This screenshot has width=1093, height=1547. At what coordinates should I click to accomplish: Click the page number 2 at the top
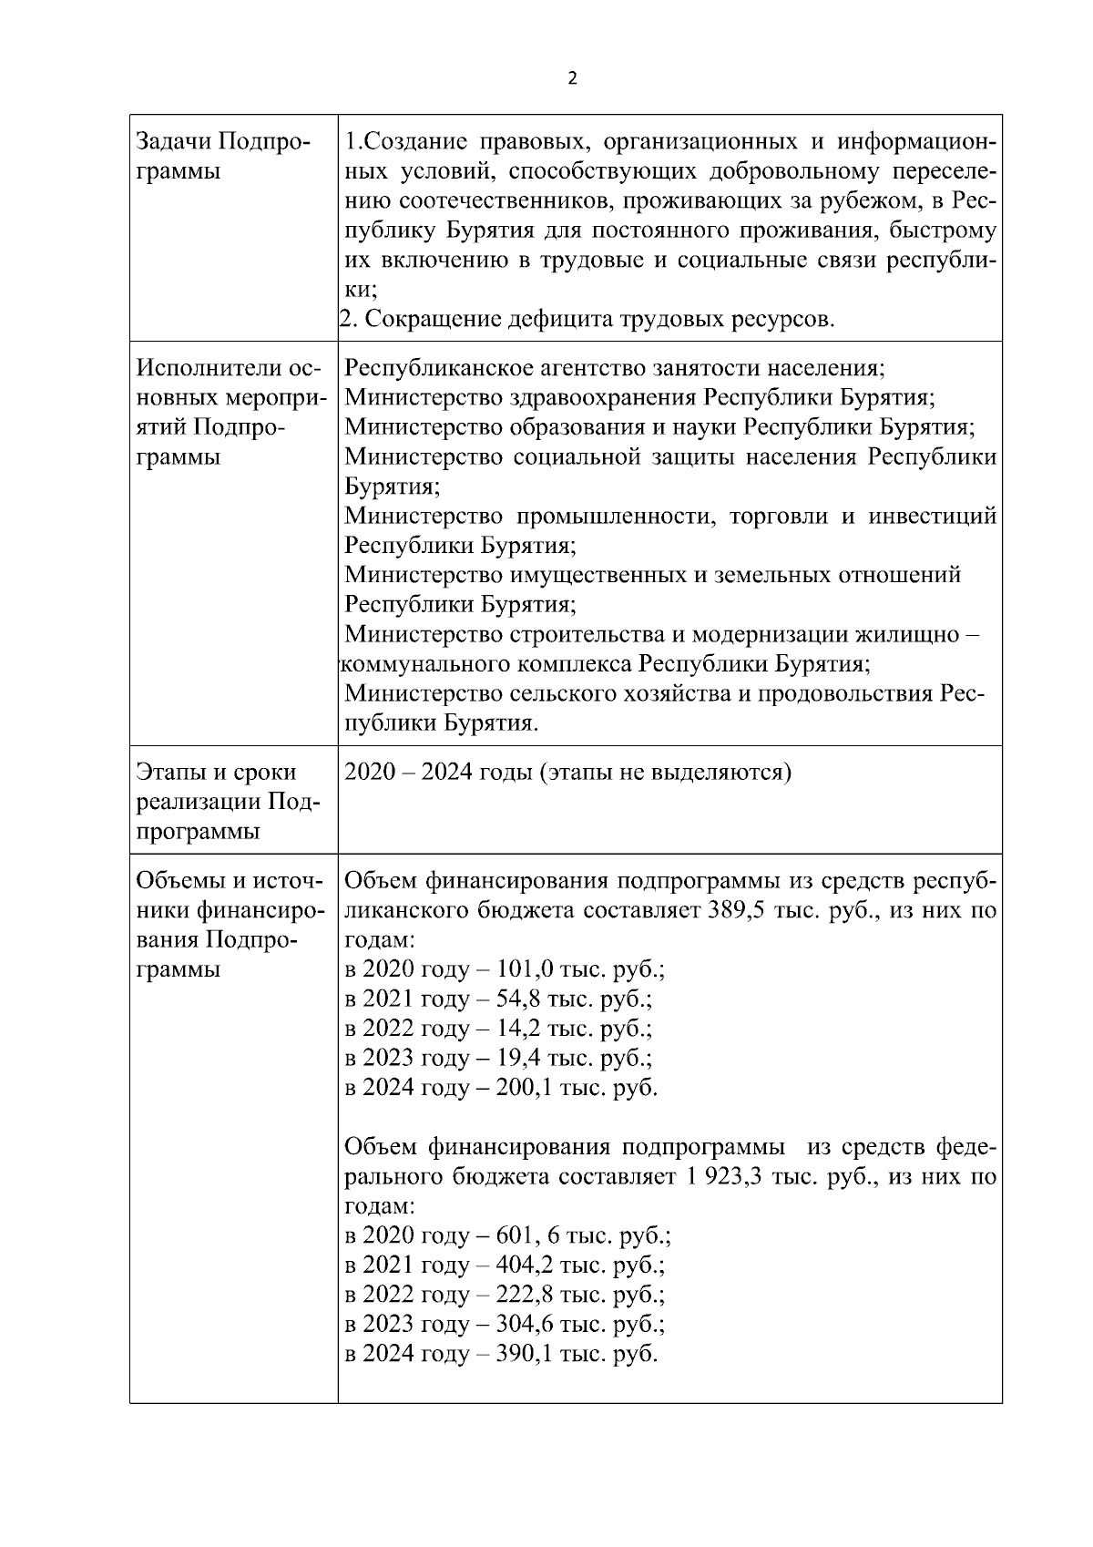pyautogui.click(x=572, y=79)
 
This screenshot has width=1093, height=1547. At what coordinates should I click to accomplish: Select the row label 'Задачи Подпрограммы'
pyautogui.click(x=222, y=157)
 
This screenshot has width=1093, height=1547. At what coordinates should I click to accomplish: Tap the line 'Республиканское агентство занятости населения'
pyautogui.click(x=616, y=368)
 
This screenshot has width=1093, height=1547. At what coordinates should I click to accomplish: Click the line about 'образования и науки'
pyautogui.click(x=660, y=427)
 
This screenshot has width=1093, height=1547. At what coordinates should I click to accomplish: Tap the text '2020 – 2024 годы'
pyautogui.click(x=439, y=773)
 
